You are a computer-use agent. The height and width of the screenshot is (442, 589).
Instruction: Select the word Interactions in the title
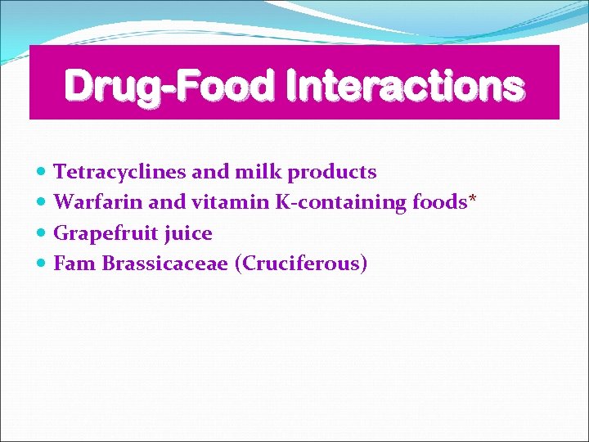405,86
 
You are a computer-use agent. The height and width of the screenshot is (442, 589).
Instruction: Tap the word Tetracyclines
119,172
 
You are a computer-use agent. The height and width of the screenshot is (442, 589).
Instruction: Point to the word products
332,173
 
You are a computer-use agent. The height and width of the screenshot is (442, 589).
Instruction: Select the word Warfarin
98,202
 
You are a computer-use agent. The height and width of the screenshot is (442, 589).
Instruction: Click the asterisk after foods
472,200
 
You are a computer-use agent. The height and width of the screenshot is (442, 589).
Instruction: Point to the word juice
187,234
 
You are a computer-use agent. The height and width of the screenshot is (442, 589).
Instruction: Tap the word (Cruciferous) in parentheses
300,264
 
